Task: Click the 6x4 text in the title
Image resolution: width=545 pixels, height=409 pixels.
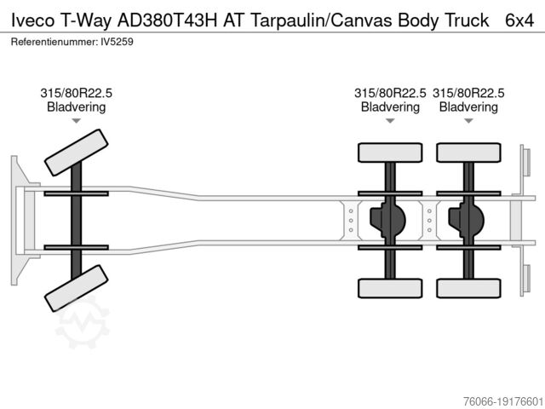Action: (519, 20)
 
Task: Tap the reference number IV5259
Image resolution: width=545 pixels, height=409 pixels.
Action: (117, 42)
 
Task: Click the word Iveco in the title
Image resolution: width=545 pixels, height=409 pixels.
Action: (33, 20)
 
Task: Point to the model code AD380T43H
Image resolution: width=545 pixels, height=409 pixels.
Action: (167, 20)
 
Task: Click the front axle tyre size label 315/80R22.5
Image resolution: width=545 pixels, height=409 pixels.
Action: (76, 93)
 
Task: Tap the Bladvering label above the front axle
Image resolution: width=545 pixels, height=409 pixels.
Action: (76, 107)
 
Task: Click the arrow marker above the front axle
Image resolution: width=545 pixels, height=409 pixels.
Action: (76, 121)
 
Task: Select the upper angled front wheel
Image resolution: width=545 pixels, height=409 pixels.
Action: (76, 153)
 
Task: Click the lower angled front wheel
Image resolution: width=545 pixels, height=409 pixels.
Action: (76, 288)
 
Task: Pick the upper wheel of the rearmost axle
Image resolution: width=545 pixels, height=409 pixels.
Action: (468, 153)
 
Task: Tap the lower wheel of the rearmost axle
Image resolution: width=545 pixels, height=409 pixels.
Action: (468, 288)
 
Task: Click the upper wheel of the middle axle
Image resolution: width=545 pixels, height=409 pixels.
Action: (390, 153)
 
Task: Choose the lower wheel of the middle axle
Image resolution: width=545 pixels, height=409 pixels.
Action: (390, 288)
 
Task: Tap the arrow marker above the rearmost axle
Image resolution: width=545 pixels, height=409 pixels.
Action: (468, 121)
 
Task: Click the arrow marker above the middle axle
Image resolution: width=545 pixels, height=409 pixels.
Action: (390, 121)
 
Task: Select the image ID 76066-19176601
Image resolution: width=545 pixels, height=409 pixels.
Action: (503, 401)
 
